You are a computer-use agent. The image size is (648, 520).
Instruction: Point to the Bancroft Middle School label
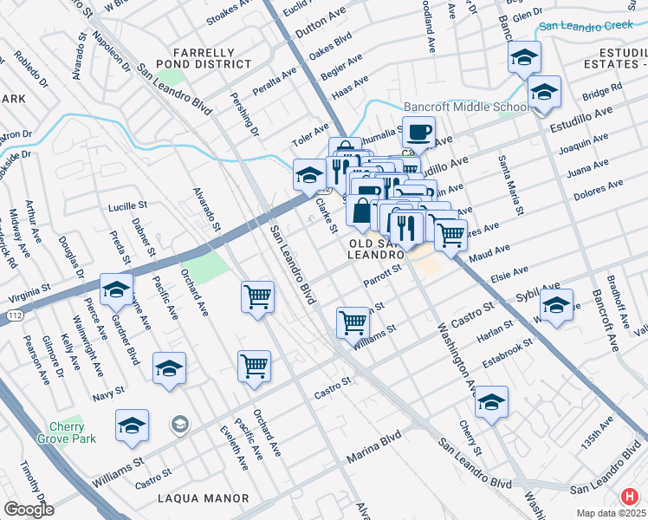465,107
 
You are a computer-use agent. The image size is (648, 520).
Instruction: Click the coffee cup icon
419,133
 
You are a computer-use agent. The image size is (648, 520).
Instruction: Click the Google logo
29,510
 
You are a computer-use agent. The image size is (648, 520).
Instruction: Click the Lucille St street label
129,208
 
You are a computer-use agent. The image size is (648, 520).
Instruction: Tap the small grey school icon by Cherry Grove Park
179,424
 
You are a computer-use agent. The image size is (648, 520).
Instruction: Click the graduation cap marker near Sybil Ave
555,306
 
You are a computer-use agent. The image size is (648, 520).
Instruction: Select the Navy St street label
108,394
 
